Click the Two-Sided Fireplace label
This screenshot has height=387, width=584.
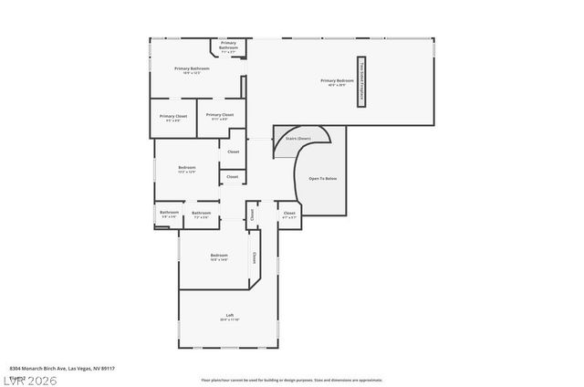(x=361, y=82)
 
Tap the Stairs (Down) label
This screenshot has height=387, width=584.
(x=297, y=139)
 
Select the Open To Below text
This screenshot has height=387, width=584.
(x=323, y=178)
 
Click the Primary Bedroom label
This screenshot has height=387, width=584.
(x=337, y=80)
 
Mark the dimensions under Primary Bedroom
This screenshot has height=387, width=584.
(x=337, y=86)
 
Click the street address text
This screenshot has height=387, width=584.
(x=62, y=368)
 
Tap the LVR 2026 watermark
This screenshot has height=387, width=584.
(x=30, y=379)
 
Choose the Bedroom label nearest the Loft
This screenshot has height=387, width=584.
(x=219, y=255)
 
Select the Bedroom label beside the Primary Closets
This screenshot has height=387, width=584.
(x=186, y=167)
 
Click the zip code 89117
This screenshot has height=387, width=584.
(x=108, y=368)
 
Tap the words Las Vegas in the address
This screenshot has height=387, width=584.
(x=80, y=368)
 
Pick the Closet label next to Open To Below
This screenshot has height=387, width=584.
(x=289, y=213)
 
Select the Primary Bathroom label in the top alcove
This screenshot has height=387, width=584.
(x=228, y=43)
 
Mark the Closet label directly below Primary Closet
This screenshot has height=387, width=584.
(x=233, y=152)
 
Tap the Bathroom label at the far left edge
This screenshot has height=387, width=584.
(x=169, y=213)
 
